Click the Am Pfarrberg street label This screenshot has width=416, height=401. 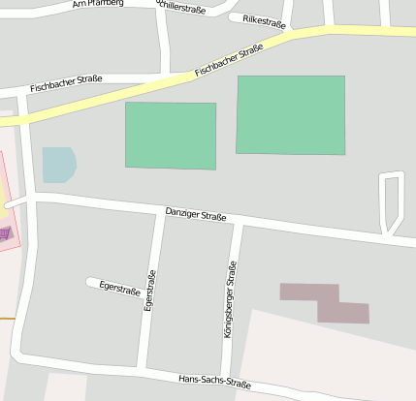(x=97, y=5)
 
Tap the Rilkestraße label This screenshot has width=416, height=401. (x=264, y=19)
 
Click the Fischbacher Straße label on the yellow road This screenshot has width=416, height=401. (x=229, y=59)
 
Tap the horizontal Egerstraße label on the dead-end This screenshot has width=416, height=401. (x=121, y=288)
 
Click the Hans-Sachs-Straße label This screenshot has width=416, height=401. (x=214, y=383)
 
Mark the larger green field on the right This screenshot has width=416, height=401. (x=291, y=114)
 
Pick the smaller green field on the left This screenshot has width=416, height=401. (x=171, y=135)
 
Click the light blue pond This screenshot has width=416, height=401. (x=58, y=165)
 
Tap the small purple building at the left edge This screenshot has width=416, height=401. (x=6, y=232)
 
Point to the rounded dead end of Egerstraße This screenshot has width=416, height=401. (x=91, y=283)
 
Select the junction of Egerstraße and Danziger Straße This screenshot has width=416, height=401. (x=158, y=210)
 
